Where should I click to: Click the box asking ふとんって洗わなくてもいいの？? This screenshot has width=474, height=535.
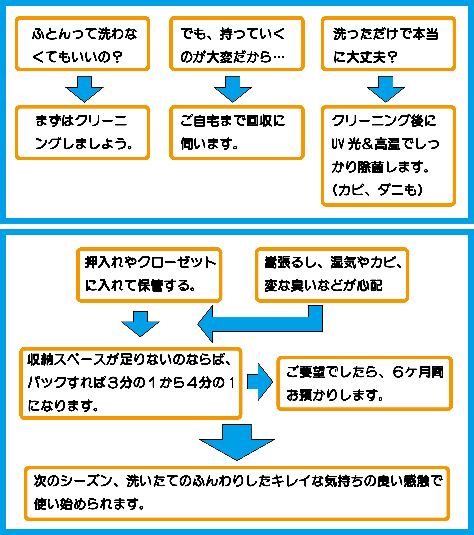(x=82, y=44)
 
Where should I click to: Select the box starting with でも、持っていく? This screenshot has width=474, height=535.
(x=237, y=44)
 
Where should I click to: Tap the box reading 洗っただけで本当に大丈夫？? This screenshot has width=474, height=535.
(x=388, y=44)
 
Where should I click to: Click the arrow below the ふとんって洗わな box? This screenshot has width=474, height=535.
(x=84, y=90)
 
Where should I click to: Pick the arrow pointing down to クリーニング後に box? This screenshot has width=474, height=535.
(x=386, y=90)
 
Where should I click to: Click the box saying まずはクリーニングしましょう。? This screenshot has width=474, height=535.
(x=82, y=132)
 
